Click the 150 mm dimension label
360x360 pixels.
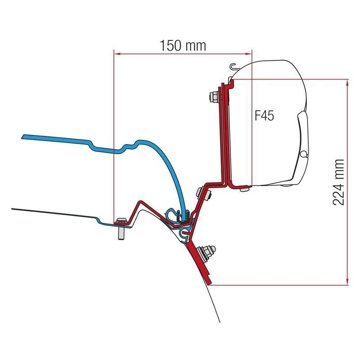[x=182, y=45]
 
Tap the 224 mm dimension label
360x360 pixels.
[x=338, y=182]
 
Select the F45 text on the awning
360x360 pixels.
[x=265, y=116]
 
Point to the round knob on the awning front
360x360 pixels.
[x=305, y=154]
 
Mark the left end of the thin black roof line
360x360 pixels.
[x=13, y=209]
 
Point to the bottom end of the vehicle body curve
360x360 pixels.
[x=220, y=322]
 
